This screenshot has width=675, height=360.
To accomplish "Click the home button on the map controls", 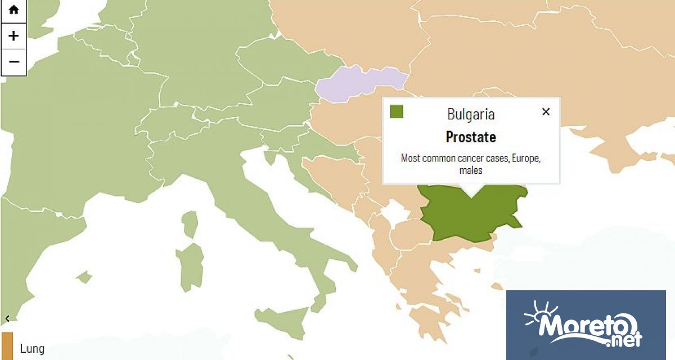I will (x=13, y=11).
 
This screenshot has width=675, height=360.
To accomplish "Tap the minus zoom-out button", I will (x=13, y=61).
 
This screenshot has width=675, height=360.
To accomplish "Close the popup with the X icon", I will (x=545, y=111).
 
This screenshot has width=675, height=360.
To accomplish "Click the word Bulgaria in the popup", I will (x=471, y=114).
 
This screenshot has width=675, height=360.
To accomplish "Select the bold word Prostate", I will (x=471, y=137).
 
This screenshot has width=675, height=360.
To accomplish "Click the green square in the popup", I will (x=397, y=111).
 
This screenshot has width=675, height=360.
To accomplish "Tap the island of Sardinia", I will (x=190, y=267).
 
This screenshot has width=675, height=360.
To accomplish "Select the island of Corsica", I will (x=190, y=225).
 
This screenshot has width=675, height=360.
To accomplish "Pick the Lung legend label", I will (x=32, y=349).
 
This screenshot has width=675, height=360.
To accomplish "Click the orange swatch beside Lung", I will (x=7, y=346).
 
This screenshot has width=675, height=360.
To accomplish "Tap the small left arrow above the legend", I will (x=7, y=318).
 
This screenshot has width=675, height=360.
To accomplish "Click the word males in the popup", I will (x=470, y=170).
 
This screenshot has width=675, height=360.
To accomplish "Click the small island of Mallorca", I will (x=84, y=277).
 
